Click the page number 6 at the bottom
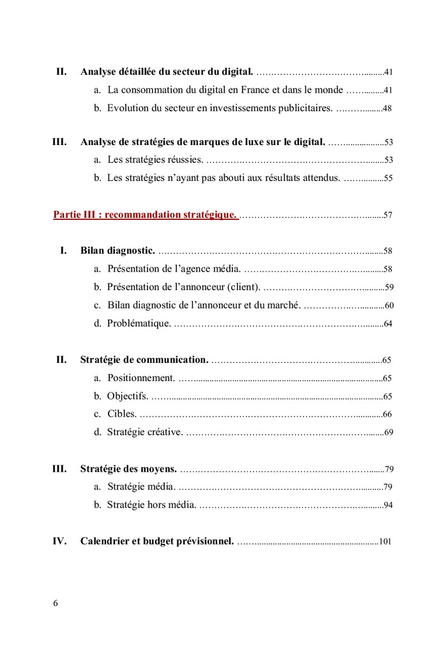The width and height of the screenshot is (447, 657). coord(56,603)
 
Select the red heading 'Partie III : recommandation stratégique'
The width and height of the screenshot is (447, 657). coord(145,215)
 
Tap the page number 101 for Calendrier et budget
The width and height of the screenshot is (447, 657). coord(385,541)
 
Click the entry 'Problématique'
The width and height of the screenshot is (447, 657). coord(139,323)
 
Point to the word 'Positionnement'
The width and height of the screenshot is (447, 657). coord(141,378)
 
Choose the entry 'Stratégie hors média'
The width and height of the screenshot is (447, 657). coord(153,505)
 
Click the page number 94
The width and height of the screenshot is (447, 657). coord(388,506)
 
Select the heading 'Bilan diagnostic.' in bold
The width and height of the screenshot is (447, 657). coord(118,251)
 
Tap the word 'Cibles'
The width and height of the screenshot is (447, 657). coord(121,414)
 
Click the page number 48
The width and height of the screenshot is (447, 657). coord(387,109)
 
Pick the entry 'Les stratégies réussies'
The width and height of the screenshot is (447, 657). coord(155,160)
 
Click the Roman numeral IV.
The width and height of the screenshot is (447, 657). coord(59,541)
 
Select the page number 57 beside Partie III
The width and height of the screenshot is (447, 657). coord(388,215)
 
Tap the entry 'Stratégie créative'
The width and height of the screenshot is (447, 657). coord(146,432)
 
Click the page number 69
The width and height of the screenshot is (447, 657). coord(388,433)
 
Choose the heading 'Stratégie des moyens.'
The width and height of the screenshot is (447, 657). coord(128,469)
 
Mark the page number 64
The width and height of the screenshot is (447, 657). coord(388,324)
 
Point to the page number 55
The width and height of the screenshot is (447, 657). coord(388,178)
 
